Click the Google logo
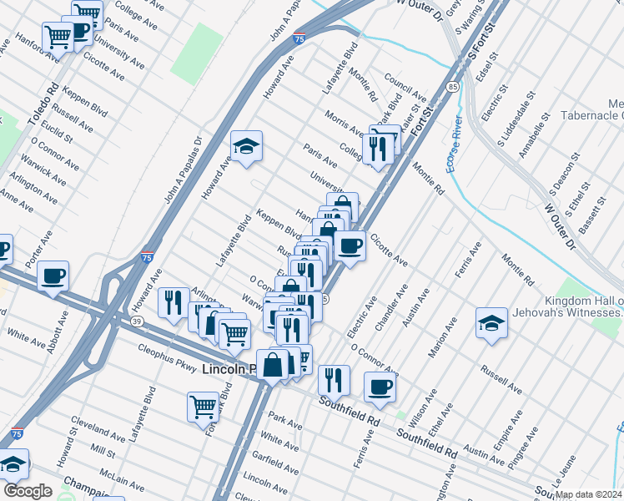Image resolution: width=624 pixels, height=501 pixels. (28, 492)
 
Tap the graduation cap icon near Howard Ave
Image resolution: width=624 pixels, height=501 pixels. (246, 147)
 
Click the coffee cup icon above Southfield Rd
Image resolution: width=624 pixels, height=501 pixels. (380, 387)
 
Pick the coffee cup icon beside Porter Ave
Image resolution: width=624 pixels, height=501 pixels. (53, 276)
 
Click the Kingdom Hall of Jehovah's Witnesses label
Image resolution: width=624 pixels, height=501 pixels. (584, 306)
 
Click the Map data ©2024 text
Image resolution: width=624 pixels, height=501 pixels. (588, 494)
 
